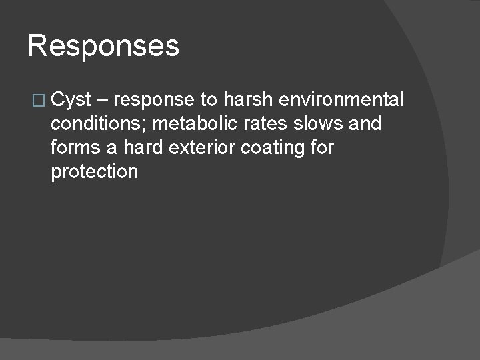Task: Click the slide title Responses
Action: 103,47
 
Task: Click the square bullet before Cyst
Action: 41,101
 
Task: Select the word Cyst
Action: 71,101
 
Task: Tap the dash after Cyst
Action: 103,101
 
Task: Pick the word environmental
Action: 342,100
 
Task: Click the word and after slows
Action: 364,124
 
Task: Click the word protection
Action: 94,172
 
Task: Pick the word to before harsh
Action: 207,101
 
